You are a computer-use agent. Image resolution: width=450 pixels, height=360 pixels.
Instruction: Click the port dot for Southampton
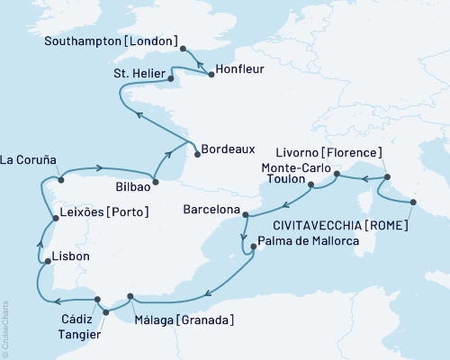(x=183, y=49)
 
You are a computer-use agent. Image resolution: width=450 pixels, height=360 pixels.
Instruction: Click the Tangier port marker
(x=105, y=313)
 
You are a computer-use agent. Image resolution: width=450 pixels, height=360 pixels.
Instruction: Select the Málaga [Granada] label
(x=187, y=319)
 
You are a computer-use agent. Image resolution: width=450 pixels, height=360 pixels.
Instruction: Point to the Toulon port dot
(x=311, y=186)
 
